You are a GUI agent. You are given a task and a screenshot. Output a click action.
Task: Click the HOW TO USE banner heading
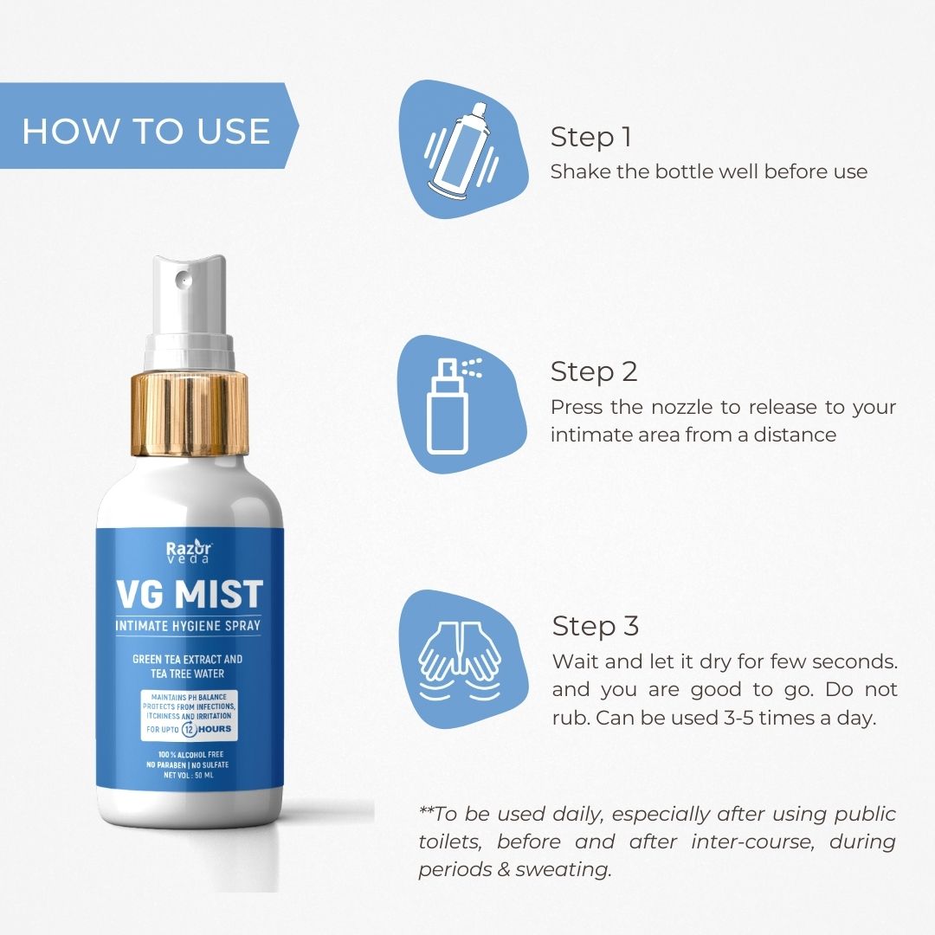(x=145, y=131)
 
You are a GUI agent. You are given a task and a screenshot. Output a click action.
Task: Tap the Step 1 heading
(x=591, y=138)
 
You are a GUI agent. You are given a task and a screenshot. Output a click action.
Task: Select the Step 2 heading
(x=594, y=371)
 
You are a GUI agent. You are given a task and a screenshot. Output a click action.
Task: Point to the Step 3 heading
(x=596, y=626)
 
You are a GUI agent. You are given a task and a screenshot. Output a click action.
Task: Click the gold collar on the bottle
(x=190, y=414)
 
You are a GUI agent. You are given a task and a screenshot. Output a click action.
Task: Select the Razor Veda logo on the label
(x=188, y=551)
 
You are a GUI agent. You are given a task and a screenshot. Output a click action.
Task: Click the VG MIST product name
(x=188, y=595)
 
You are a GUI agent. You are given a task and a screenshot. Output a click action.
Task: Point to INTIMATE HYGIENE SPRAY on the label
(x=188, y=626)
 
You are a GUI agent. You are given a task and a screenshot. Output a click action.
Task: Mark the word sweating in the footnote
(x=564, y=869)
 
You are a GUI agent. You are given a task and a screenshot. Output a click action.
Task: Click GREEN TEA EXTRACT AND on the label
(x=187, y=660)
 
